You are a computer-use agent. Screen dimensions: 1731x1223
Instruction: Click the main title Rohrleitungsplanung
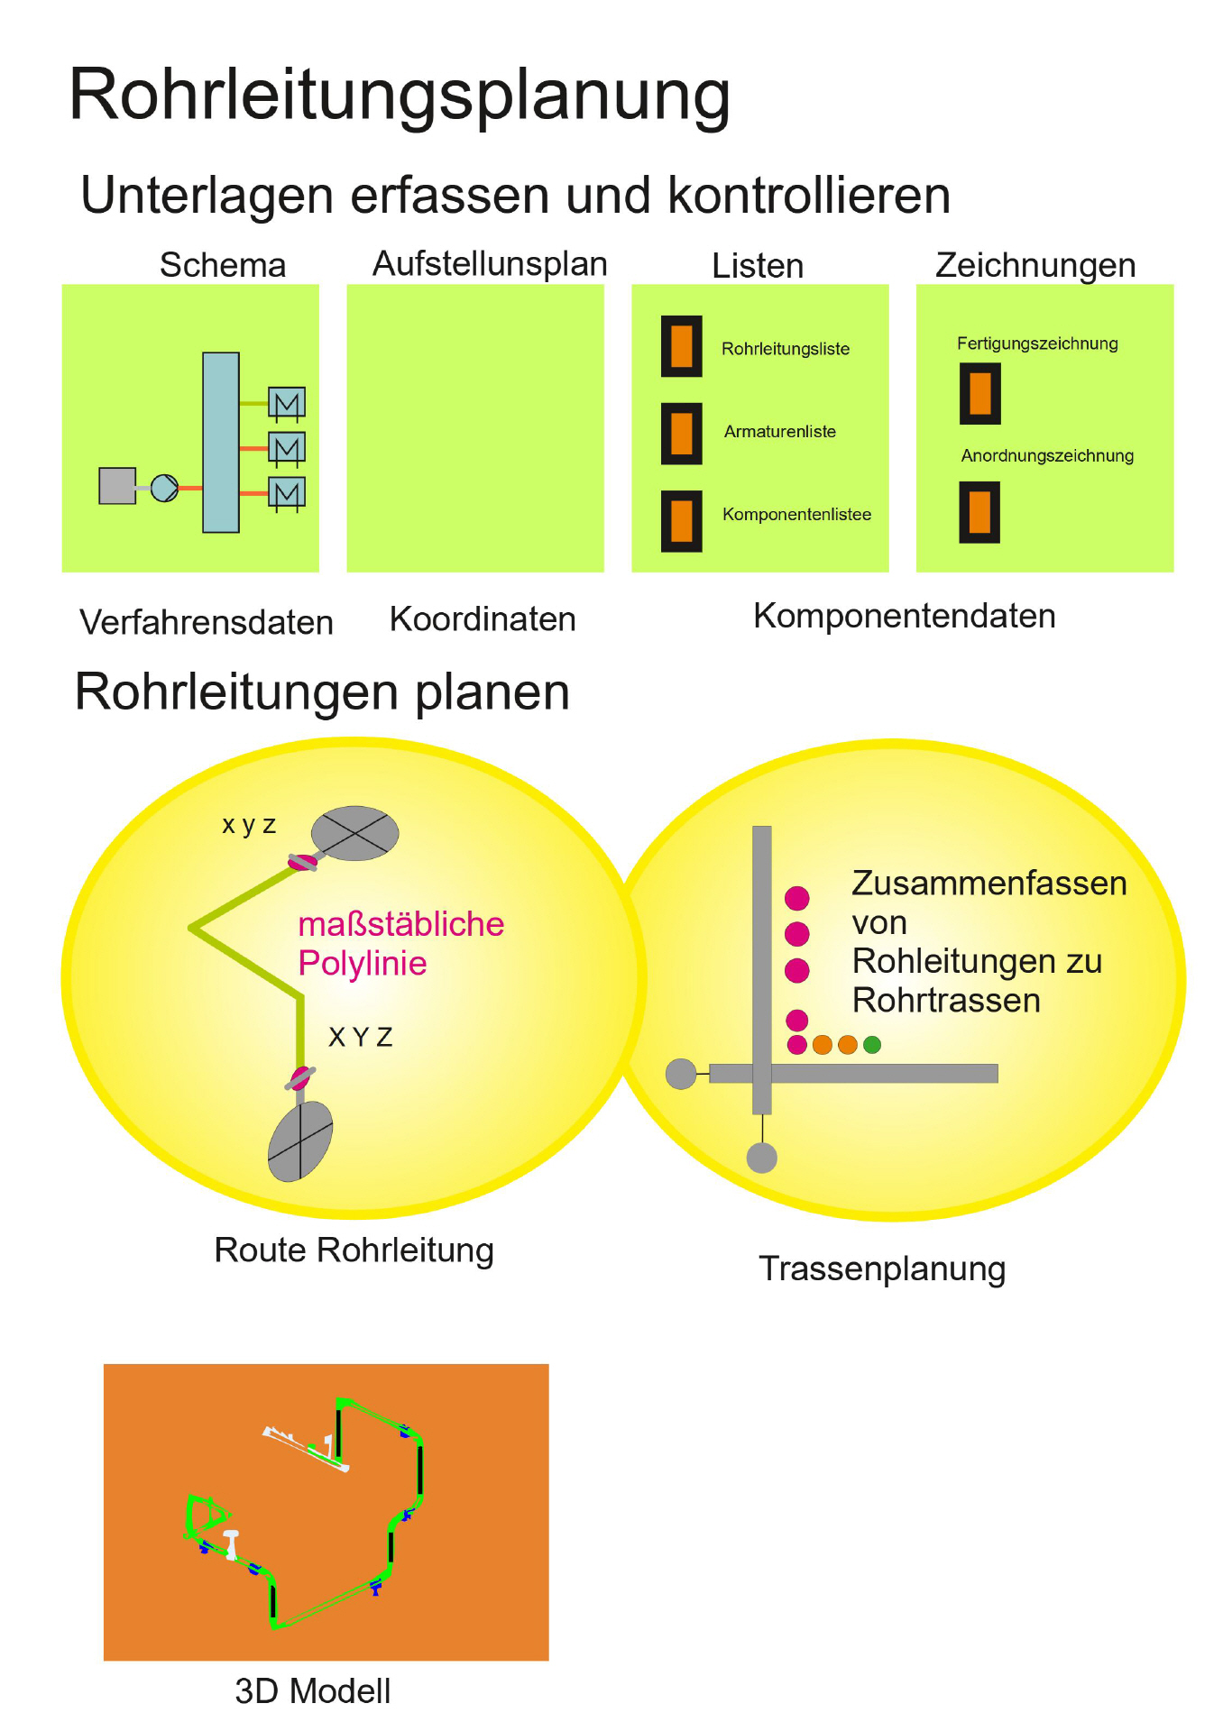pos(400,96)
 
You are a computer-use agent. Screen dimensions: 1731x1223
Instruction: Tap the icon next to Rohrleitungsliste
pos(682,346)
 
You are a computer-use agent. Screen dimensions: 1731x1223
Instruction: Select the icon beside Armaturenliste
pos(682,434)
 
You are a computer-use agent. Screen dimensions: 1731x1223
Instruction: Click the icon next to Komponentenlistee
pos(682,521)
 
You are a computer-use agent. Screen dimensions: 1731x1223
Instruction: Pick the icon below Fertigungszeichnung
pos(980,394)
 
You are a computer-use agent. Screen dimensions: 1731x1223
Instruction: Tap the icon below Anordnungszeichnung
pos(979,512)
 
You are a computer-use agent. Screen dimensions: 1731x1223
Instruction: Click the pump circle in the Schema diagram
pos(164,488)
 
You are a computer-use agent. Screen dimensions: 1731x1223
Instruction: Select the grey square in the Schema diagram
pos(117,486)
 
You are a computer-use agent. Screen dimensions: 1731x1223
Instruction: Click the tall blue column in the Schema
pos(221,442)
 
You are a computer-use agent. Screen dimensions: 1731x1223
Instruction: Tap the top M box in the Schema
pos(287,402)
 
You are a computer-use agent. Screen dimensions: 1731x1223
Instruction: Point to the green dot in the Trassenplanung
pos(872,1045)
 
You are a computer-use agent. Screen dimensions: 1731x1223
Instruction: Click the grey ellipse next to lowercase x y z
pos(355,833)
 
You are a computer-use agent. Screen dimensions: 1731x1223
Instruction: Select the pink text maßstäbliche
pos(400,924)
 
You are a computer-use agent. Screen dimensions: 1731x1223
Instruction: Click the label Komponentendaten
pos(904,616)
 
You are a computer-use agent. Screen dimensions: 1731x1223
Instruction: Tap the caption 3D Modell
pos(313,1691)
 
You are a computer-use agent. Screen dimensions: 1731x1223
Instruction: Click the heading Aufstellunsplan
pos(490,264)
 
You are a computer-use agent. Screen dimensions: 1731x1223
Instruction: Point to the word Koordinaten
pos(483,619)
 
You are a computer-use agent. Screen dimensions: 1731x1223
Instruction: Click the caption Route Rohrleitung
pos(354,1250)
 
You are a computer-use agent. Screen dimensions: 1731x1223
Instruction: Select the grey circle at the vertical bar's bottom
pos(762,1158)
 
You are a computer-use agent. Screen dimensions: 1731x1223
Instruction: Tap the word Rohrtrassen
pos(946,1001)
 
